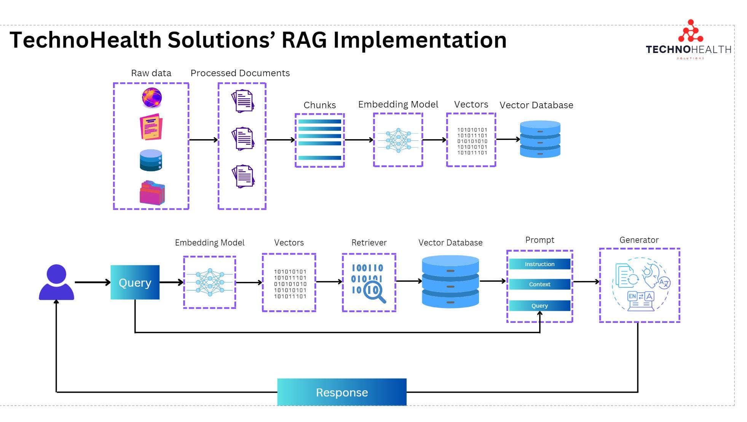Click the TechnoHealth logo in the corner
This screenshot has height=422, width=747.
tap(689, 40)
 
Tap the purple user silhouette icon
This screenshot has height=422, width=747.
tap(56, 282)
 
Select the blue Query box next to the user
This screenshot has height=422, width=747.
tap(135, 282)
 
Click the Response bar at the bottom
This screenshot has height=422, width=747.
tap(342, 392)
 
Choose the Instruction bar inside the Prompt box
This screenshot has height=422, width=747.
tap(539, 264)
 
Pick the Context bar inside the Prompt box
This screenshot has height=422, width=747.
tap(539, 284)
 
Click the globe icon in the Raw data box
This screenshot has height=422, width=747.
tap(152, 98)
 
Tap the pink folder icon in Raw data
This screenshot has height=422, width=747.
tap(152, 193)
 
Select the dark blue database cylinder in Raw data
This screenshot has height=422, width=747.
tap(151, 160)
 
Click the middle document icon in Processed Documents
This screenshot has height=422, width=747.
tap(243, 138)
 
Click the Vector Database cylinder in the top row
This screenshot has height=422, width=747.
tap(540, 139)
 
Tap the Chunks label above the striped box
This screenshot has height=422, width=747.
tap(319, 105)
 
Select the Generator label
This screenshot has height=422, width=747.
tap(638, 240)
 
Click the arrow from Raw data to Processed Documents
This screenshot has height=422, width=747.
tap(203, 140)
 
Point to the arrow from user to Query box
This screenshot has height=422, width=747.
tap(92, 282)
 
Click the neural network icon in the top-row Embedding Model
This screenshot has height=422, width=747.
tap(398, 140)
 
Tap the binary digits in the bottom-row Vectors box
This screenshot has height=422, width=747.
tap(290, 284)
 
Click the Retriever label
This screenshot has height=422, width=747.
tap(369, 243)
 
